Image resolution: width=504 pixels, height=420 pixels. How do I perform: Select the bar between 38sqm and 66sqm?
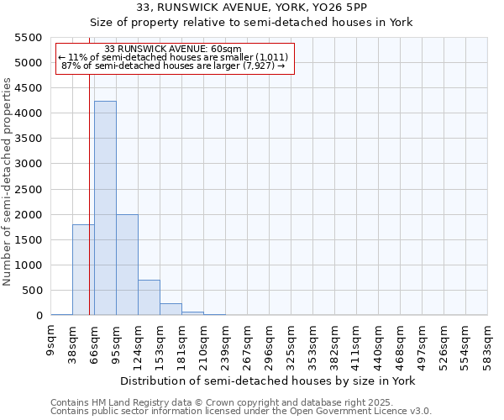83,270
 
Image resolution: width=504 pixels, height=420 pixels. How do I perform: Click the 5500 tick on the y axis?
29,38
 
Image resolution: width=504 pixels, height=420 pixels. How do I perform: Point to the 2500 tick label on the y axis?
29,189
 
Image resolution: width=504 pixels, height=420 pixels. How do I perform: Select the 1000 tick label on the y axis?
29,265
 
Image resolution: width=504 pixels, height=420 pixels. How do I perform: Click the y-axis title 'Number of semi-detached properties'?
8,181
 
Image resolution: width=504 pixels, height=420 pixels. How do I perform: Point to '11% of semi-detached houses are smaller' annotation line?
174,57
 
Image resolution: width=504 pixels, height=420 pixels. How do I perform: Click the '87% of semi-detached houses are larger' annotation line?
174,66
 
